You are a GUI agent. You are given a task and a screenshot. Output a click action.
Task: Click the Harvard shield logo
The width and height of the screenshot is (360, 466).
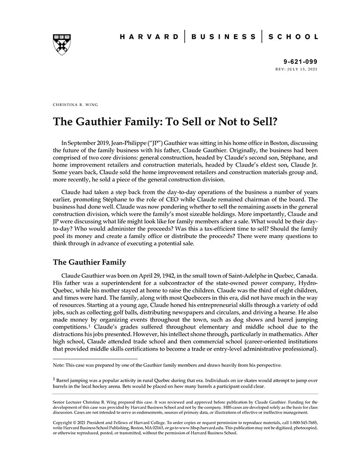coord(61,45)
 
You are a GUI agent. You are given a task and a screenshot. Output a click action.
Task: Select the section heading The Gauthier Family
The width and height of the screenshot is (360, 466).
coord(89,262)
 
